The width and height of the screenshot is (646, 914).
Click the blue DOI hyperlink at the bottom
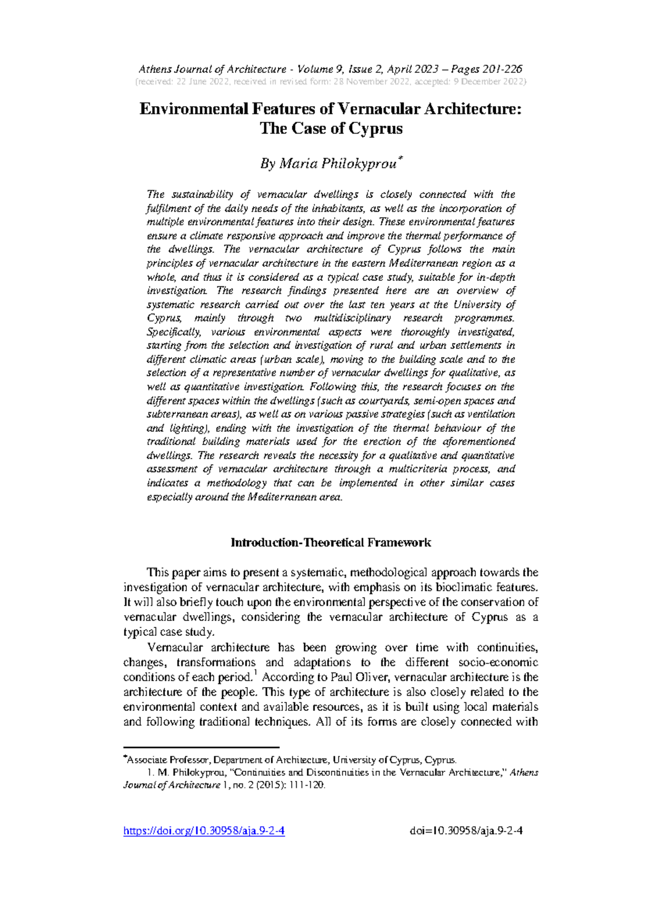[x=204, y=831]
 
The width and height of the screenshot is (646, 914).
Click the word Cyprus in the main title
[x=375, y=129]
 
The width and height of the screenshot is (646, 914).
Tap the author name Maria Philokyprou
[x=337, y=164]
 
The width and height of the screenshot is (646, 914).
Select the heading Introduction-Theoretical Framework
[x=331, y=543]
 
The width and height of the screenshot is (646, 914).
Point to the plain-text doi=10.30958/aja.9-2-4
[x=466, y=831]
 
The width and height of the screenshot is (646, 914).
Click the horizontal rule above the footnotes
[x=201, y=747]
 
